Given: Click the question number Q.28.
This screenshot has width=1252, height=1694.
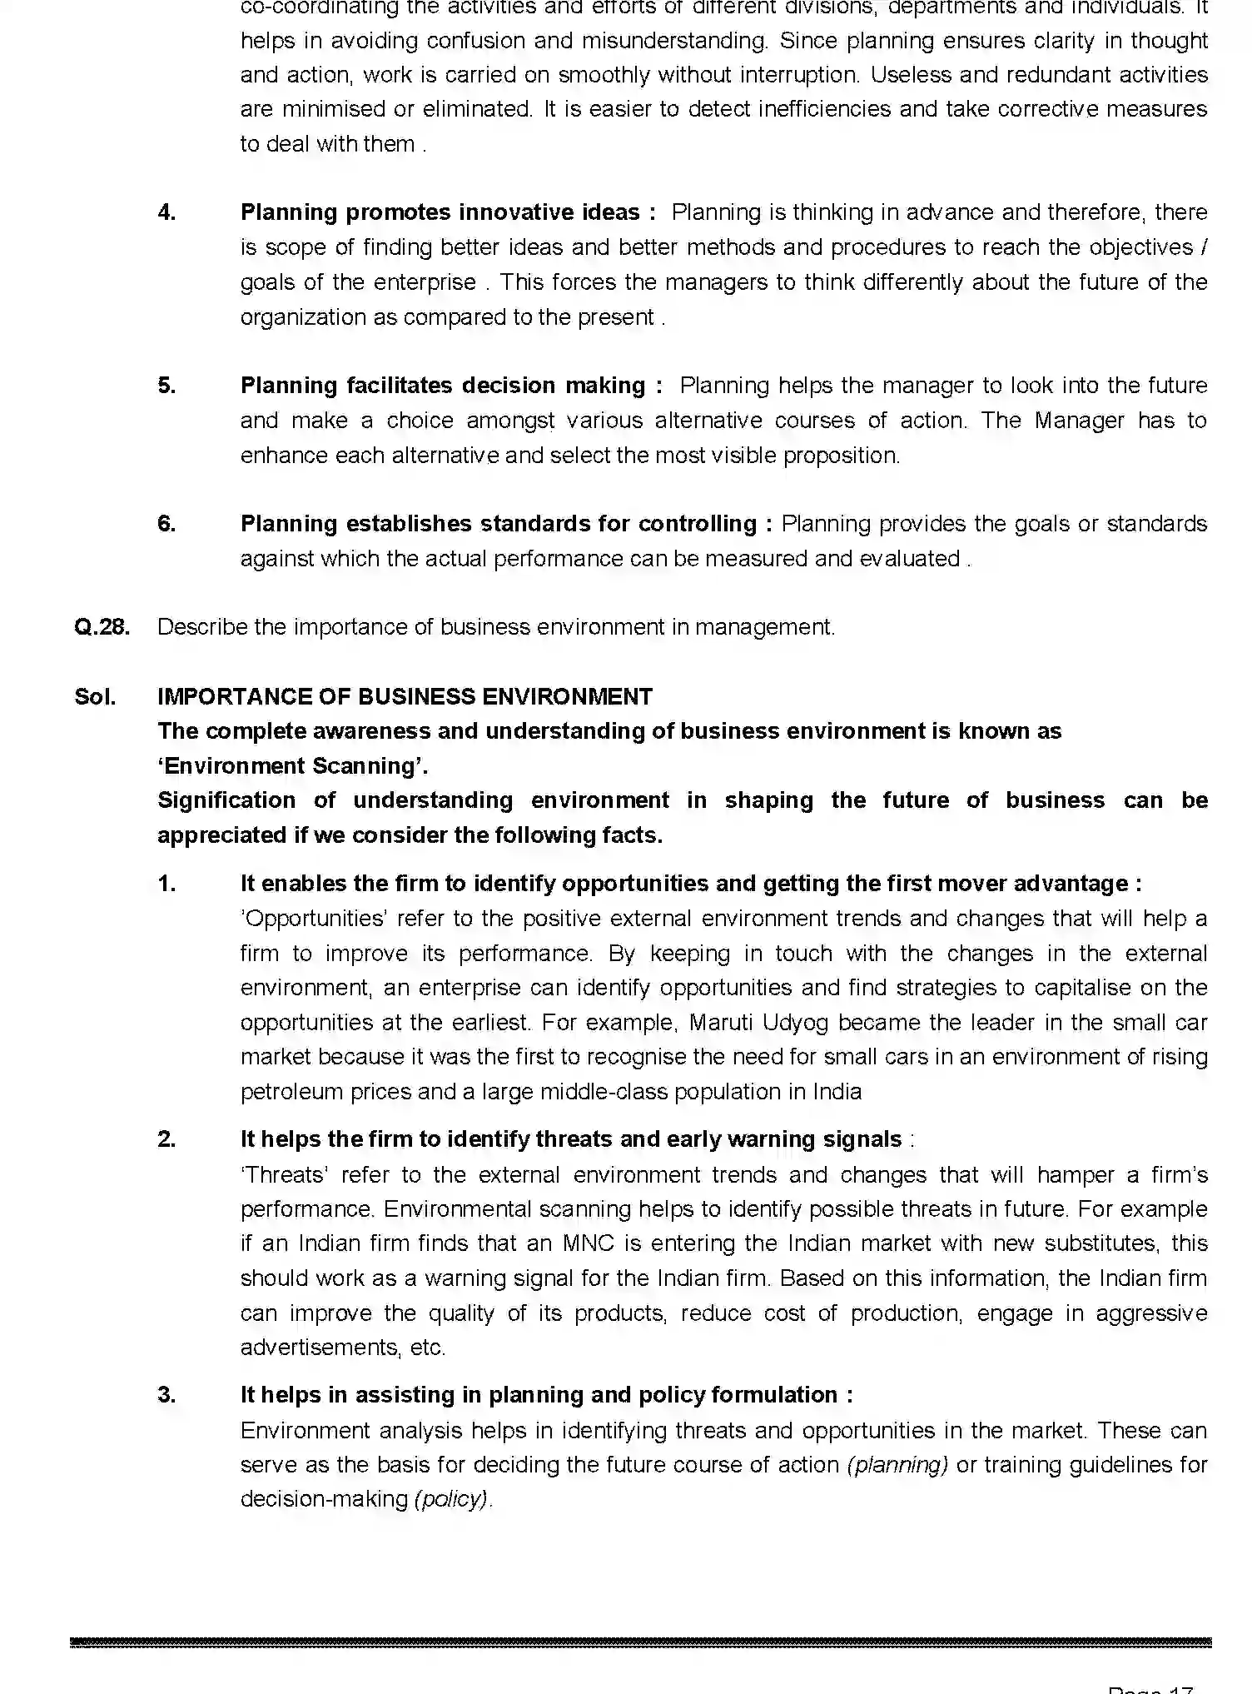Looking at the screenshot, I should pos(102,627).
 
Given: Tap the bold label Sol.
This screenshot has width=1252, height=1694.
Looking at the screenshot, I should pos(95,696).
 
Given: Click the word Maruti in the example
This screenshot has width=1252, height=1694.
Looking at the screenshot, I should pos(723,1022).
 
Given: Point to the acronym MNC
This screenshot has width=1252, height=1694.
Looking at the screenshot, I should pos(588,1243).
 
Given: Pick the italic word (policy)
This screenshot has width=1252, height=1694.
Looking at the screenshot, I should pos(450,1499).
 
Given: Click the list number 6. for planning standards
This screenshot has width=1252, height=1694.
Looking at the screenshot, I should pos(166,524).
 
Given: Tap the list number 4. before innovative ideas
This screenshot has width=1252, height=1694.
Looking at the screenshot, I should pos(166,212).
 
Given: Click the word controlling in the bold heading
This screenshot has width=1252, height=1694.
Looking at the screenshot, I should pos(697,524).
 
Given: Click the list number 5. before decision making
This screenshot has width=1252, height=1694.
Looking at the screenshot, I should pos(166,386).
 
